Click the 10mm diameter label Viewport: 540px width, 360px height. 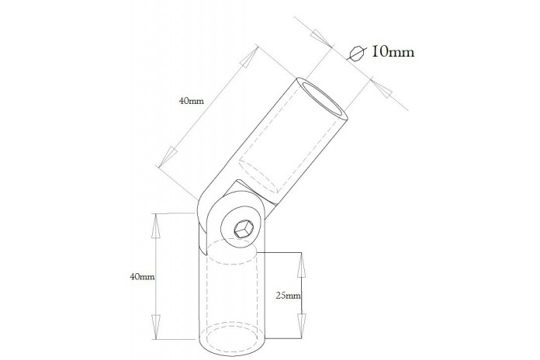[393, 52]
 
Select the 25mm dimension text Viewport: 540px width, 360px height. [289, 296]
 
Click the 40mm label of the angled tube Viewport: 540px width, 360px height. [191, 101]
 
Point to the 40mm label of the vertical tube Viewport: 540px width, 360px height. [142, 276]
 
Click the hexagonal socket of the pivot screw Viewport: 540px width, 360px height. [244, 229]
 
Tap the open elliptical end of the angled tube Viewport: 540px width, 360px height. [322, 99]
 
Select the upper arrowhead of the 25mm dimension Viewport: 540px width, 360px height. [302, 265]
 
